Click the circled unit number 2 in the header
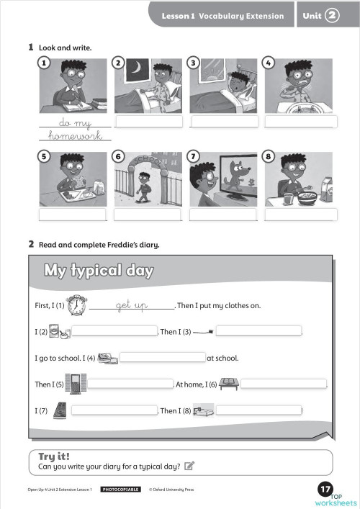pyautogui.click(x=332, y=14)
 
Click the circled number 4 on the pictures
pyautogui.click(x=268, y=63)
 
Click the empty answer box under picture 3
pyautogui.click(x=223, y=121)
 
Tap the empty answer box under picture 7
pyautogui.click(x=223, y=214)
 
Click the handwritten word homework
pyautogui.click(x=76, y=135)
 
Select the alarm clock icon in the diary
pyautogui.click(x=76, y=305)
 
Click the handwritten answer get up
pyautogui.click(x=132, y=306)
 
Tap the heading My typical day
pyautogui.click(x=99, y=271)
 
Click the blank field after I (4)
pyautogui.click(x=163, y=357)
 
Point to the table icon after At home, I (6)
pyautogui.click(x=228, y=383)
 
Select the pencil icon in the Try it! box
pyautogui.click(x=189, y=466)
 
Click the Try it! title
pyautogui.click(x=54, y=456)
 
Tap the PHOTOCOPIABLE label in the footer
pyautogui.click(x=120, y=490)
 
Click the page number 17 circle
pyautogui.click(x=324, y=490)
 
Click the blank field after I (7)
pyautogui.click(x=115, y=410)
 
